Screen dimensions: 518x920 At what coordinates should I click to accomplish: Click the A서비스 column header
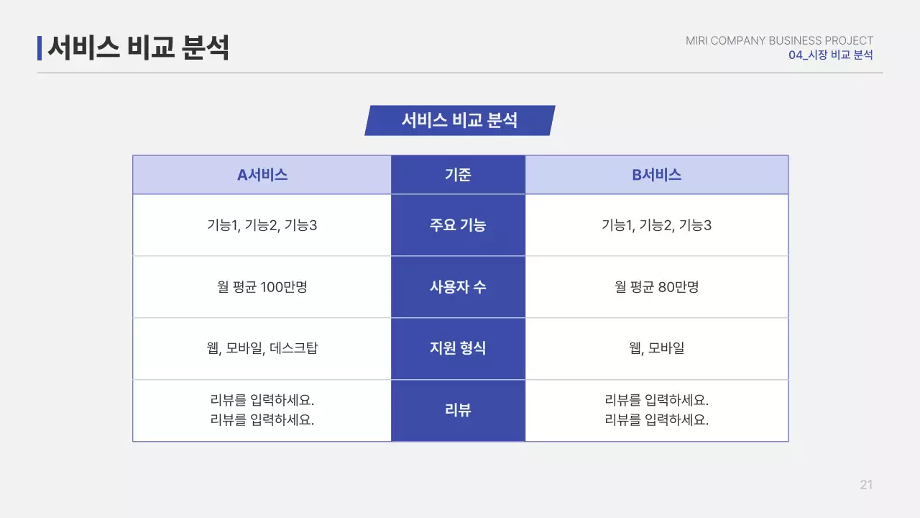pos(262,175)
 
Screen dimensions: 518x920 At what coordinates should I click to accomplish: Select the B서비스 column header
pos(656,175)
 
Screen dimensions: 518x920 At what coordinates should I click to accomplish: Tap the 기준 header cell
pos(458,175)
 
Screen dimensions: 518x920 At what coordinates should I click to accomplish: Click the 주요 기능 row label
pos(458,225)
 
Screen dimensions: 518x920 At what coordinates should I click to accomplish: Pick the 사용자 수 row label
pos(458,287)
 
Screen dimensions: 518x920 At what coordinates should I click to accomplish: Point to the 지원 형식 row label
pos(458,348)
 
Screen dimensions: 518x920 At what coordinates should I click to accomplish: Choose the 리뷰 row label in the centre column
pos(458,410)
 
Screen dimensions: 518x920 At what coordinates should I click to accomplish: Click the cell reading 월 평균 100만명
pos(262,287)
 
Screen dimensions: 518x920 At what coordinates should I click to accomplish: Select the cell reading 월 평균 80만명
pos(656,287)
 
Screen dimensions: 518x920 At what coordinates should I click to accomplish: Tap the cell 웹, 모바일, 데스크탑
pos(262,348)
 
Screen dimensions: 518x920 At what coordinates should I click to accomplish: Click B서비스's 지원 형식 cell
pos(656,348)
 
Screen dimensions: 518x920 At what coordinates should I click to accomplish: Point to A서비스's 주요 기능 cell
pos(262,225)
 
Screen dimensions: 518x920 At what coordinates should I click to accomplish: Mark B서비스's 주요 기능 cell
pos(656,225)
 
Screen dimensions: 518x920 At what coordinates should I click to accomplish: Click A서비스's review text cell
pos(262,410)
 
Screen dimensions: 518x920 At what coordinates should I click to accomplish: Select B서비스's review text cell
pos(656,410)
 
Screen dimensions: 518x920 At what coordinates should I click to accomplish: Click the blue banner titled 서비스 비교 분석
pos(460,120)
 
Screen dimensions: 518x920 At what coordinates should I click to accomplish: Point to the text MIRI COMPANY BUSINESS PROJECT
pos(779,41)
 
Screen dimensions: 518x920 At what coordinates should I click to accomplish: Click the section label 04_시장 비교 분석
pos(830,55)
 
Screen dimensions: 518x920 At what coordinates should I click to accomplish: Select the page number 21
pos(866,485)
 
